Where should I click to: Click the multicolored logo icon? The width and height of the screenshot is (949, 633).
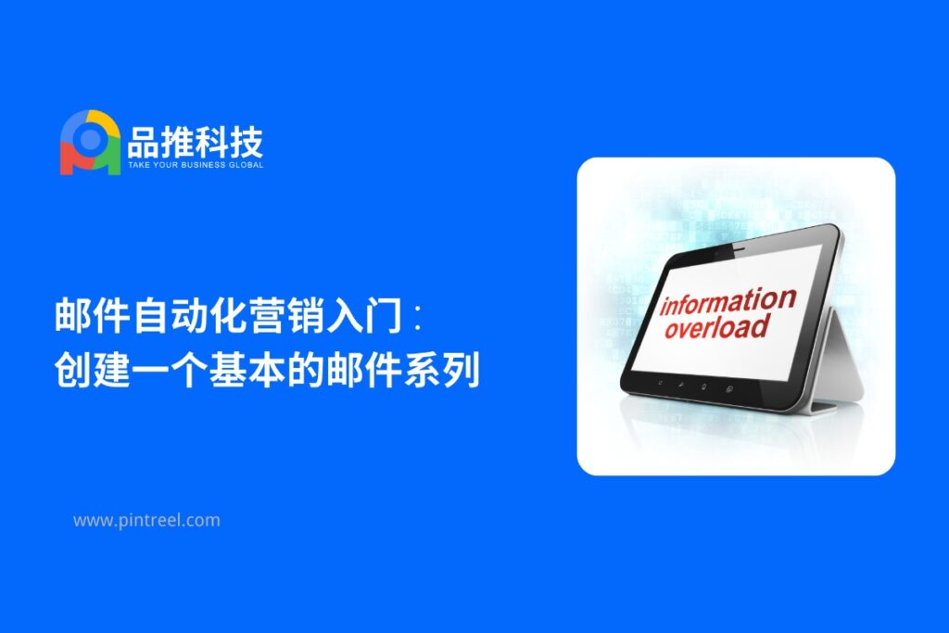pos(90,142)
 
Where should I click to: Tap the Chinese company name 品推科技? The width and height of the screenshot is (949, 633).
pos(195,142)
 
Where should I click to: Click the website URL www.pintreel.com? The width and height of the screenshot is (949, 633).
pos(146,521)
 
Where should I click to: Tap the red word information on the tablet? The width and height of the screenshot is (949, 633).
pos(728,301)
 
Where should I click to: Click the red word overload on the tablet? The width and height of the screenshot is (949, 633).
pos(716,326)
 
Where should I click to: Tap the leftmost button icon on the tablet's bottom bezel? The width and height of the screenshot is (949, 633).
pos(660,383)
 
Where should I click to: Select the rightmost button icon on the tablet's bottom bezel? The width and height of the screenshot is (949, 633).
pos(730,388)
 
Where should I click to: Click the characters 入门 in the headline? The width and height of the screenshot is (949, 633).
pos(364,315)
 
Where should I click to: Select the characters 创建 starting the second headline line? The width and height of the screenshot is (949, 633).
pos(93,369)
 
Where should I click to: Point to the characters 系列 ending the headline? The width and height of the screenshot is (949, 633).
pos(442,369)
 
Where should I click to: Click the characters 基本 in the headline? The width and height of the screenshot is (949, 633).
pos(248,369)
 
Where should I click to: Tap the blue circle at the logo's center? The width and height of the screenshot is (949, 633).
pos(91,139)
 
